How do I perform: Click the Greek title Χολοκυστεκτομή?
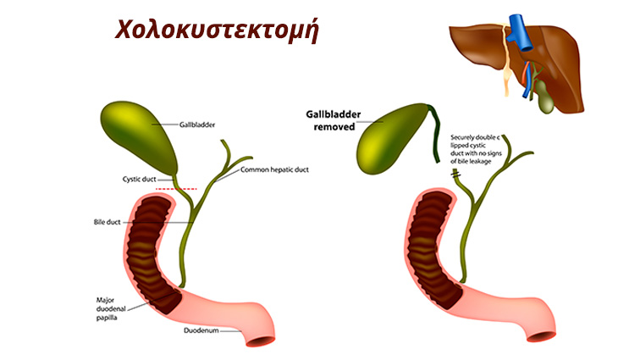coord(217,30)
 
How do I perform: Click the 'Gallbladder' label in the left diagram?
coord(197,125)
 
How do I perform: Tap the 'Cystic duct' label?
coord(139,180)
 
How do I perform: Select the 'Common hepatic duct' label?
coord(274,169)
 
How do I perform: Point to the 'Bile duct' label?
coord(107,222)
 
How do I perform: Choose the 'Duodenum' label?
coord(201,330)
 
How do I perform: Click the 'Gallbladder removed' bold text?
coord(334,120)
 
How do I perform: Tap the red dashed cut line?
coord(176,189)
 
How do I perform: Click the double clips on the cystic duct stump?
coord(456,175)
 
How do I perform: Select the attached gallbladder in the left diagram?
coord(139,138)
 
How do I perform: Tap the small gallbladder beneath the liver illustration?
coord(544,97)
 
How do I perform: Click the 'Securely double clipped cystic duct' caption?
coord(476,149)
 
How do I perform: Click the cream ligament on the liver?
coord(506,61)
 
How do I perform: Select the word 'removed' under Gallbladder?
coord(334,127)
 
